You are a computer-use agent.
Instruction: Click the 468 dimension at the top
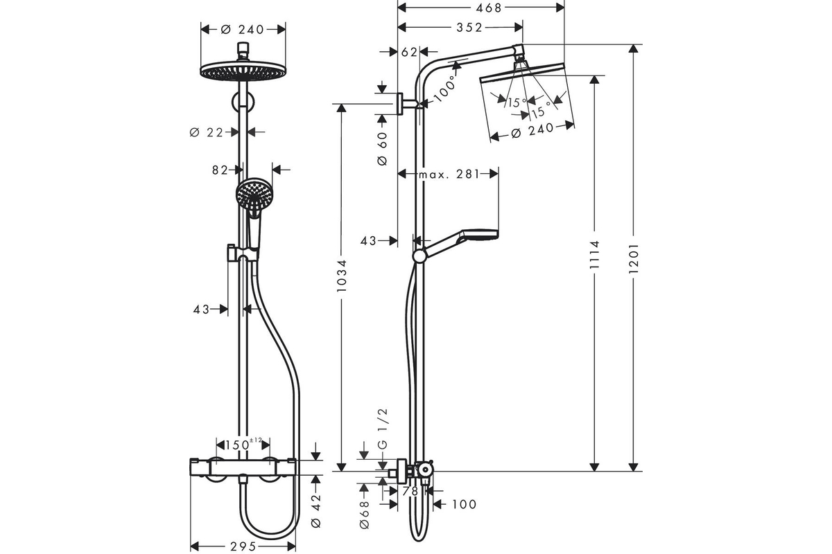click(489, 8)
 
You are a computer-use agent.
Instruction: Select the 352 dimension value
click(469, 28)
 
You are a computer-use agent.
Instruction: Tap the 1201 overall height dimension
click(633, 258)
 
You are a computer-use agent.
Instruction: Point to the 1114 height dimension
click(594, 255)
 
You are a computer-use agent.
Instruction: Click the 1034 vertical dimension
click(341, 276)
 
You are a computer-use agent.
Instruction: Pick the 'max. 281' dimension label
click(449, 174)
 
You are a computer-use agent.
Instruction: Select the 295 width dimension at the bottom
click(243, 546)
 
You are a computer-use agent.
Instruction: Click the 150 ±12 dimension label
click(243, 444)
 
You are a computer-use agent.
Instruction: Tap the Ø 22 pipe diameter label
click(206, 132)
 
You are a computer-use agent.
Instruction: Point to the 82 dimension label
click(220, 170)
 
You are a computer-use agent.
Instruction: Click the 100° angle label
click(444, 89)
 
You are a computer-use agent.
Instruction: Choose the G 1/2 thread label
click(383, 429)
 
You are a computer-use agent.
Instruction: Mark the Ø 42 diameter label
click(315, 510)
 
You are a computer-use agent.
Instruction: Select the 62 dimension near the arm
click(409, 53)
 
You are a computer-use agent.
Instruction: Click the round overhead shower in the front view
click(243, 71)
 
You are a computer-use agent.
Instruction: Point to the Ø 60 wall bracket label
click(382, 148)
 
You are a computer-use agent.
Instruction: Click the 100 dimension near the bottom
click(464, 504)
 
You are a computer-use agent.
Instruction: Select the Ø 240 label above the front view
click(242, 29)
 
